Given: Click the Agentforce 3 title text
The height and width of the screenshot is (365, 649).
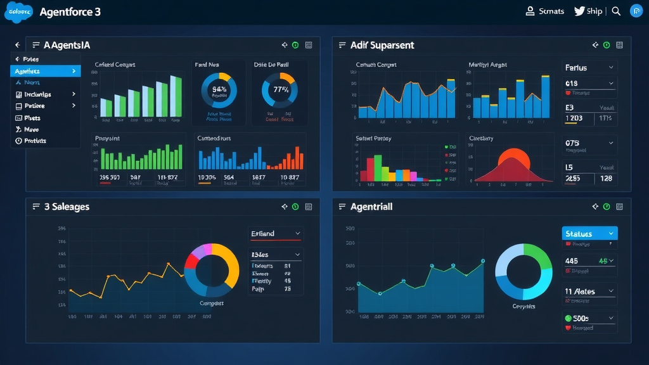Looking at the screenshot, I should point(70,12).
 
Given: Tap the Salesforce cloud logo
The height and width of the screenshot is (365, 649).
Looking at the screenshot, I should point(18,12).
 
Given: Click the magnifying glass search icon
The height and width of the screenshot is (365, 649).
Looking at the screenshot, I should point(616,11).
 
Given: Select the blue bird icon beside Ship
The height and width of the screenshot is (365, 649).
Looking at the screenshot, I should point(579,11).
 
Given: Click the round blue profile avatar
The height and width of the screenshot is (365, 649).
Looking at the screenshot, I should point(636,11).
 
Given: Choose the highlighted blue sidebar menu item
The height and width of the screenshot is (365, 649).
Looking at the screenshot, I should point(45,71).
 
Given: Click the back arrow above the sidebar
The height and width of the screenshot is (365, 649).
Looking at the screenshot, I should point(17,45).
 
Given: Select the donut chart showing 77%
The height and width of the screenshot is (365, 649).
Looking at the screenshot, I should point(279,89).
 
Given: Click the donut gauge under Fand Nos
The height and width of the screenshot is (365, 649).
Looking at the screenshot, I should point(219,90).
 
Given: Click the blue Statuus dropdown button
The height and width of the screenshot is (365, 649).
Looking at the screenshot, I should point(589,234).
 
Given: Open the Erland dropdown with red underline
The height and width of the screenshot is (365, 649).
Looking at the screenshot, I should point(276,234).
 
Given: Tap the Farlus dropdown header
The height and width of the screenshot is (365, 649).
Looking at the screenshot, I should point(589,67).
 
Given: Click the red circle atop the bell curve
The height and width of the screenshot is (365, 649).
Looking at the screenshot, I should point(513,158).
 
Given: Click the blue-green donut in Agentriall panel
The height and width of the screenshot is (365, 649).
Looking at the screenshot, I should point(524,272).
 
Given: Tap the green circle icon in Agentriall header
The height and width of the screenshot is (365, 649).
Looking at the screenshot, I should point(607,207).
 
